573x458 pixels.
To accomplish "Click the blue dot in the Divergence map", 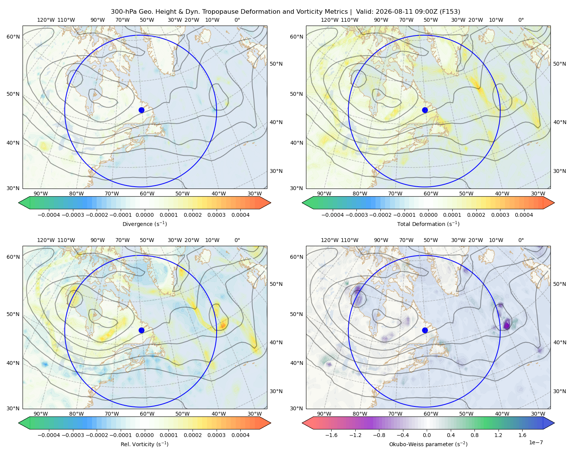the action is [x=141, y=110].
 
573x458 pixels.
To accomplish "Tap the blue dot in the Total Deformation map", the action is [x=425, y=110].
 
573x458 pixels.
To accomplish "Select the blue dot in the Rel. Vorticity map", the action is [x=141, y=330].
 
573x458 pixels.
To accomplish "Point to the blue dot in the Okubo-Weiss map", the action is [x=425, y=330].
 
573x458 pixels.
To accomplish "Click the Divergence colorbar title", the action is [x=144, y=224].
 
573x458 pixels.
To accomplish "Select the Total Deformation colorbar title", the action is [x=428, y=224].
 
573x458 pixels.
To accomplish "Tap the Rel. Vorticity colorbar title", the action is [x=144, y=444].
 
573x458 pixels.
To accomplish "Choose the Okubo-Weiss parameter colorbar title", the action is [x=428, y=444].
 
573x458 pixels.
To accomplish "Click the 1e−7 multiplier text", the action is [x=536, y=443].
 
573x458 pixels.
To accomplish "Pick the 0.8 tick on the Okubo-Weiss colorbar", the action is [x=474, y=435].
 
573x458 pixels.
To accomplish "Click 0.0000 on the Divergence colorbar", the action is [x=144, y=215].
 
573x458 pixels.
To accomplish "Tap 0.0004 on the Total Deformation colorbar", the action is [x=524, y=215].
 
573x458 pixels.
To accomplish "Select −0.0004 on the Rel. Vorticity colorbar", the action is [x=49, y=435].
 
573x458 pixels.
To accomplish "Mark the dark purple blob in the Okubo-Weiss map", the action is [x=507, y=324].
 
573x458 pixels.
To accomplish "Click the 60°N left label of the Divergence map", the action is [x=13, y=37].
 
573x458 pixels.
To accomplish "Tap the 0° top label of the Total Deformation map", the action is [x=521, y=20].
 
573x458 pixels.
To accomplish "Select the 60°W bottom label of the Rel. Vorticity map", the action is [x=147, y=414].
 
